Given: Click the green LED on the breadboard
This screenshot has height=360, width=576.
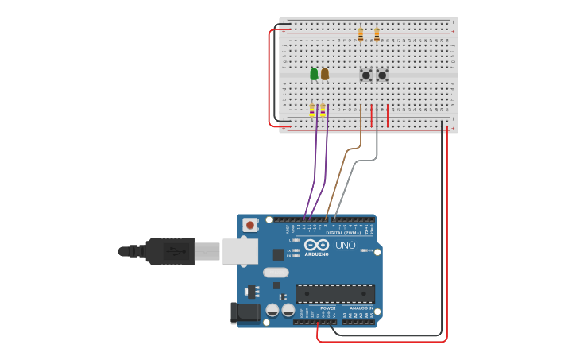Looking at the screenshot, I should (x=314, y=74).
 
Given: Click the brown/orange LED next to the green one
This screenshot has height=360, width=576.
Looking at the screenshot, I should (x=324, y=74).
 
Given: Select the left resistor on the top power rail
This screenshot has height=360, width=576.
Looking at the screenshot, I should (x=361, y=35).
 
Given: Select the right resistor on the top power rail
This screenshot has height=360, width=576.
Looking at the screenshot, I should (x=377, y=35).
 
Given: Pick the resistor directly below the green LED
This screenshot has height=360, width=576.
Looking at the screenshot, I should (x=311, y=111).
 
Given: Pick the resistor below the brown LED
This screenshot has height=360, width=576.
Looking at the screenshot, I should (x=323, y=111).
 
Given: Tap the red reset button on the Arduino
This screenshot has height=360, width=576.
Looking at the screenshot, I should (x=250, y=225).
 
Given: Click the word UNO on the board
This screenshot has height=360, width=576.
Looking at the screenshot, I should (x=346, y=246).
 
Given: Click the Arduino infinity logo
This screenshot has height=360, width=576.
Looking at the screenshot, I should (x=316, y=245).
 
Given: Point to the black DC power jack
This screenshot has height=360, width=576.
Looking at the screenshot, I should (x=245, y=312).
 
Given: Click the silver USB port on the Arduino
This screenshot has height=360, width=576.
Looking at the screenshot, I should (x=240, y=251).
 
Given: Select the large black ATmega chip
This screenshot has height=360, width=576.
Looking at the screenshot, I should (x=334, y=293).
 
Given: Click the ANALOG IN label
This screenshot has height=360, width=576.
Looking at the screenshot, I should (x=361, y=308).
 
